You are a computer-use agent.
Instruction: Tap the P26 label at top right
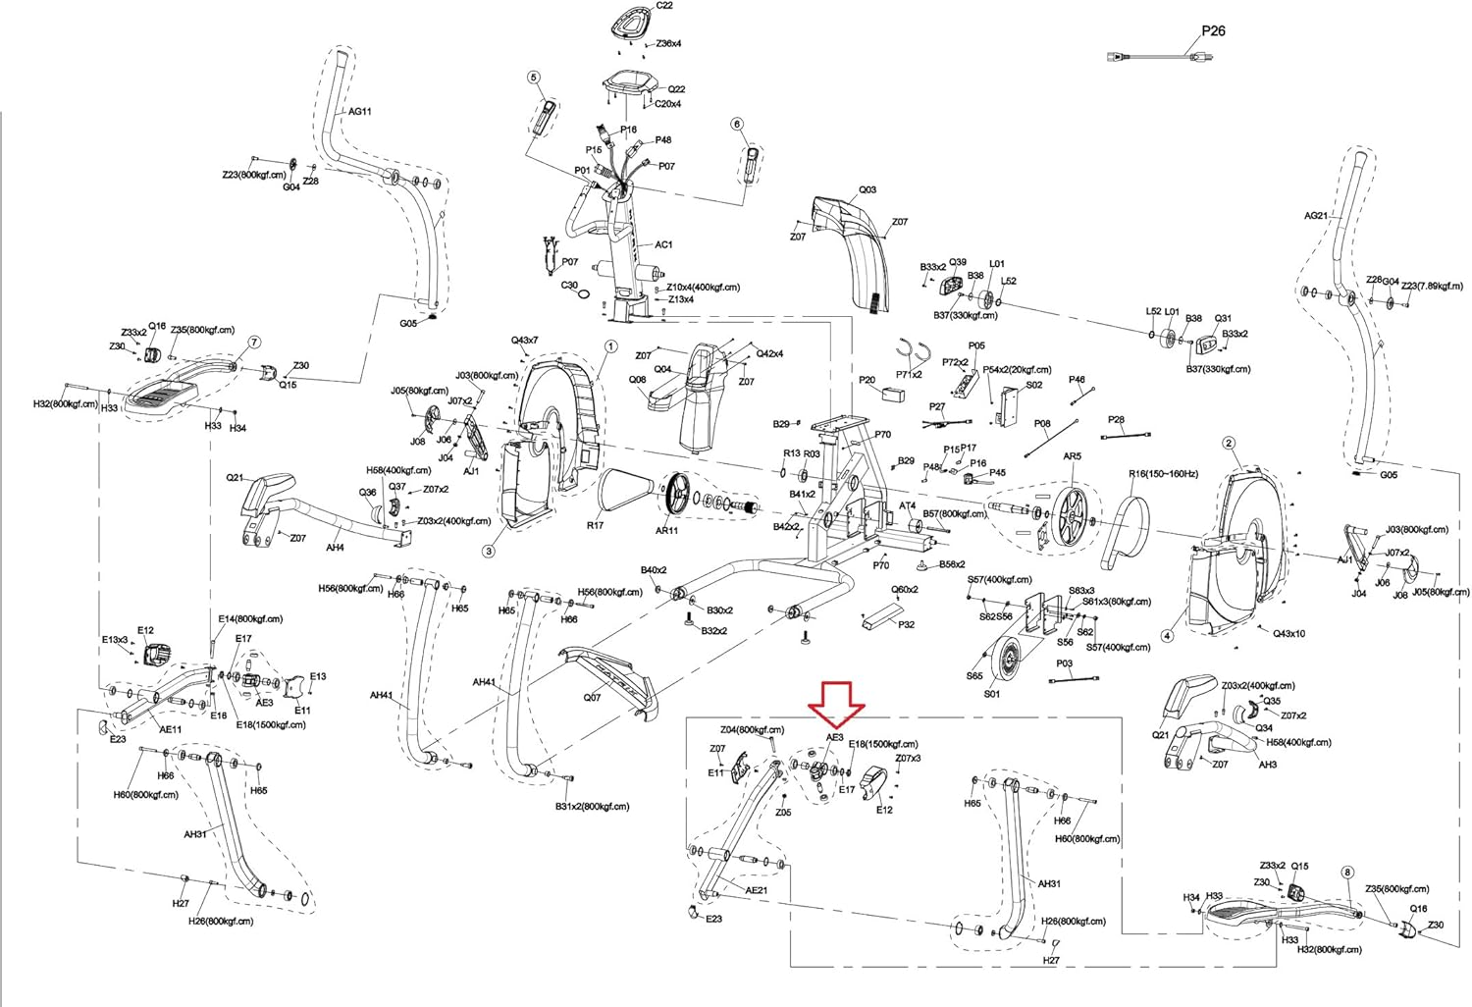(1213, 30)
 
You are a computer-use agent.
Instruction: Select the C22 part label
(664, 6)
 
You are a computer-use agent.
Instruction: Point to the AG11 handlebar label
(360, 112)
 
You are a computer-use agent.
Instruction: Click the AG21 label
(1315, 216)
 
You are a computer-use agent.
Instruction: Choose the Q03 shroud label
(867, 190)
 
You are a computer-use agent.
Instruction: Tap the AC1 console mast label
(663, 245)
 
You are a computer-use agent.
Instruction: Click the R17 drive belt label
(595, 526)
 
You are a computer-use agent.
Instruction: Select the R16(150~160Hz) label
(1163, 474)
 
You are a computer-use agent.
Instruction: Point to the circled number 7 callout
(255, 343)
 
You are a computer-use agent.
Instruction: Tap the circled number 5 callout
(534, 77)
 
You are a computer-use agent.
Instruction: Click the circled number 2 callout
(1229, 444)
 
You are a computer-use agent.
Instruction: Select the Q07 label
(592, 698)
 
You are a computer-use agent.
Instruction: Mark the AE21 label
(756, 890)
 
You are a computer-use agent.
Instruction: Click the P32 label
(906, 625)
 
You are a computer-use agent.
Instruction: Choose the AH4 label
(336, 548)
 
